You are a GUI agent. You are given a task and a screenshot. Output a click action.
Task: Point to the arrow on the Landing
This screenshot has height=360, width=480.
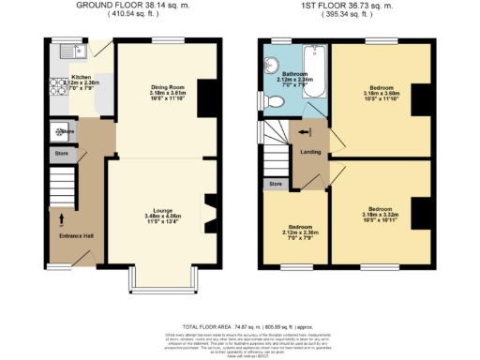click(303, 132)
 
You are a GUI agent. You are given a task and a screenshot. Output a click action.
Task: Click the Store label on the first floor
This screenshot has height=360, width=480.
click(275, 185)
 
